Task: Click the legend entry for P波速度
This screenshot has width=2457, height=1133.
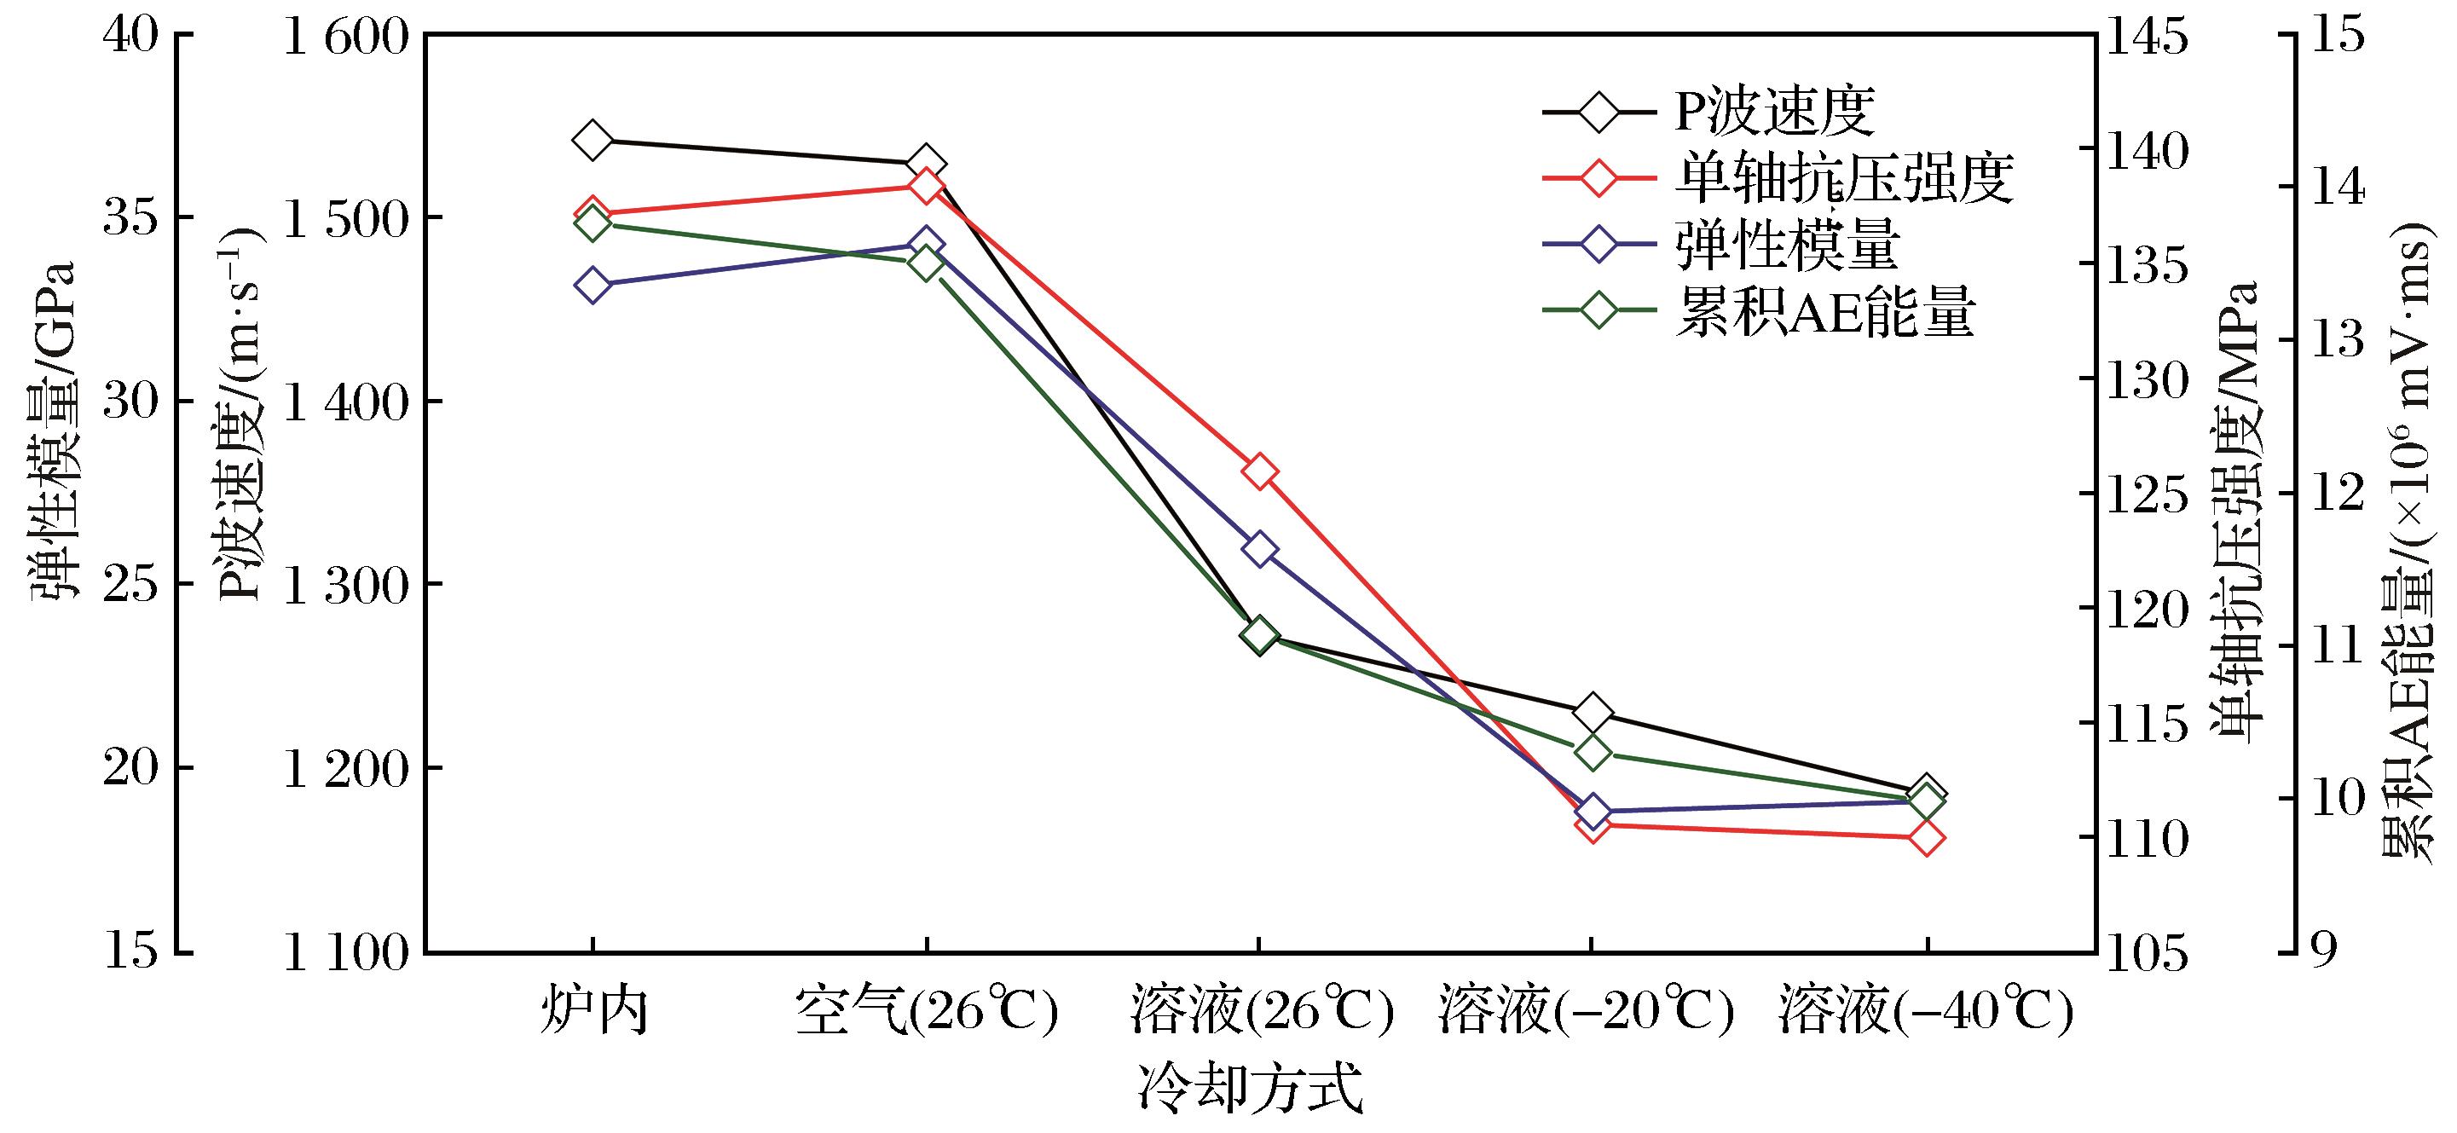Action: [1708, 112]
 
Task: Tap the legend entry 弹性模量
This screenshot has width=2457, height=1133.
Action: [1720, 244]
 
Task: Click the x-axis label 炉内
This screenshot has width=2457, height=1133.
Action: [594, 1009]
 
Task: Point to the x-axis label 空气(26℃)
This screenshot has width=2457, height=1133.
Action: [926, 1009]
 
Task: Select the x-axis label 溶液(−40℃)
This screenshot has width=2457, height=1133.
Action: [1926, 1009]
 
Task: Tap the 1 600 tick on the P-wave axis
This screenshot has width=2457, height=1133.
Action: [346, 35]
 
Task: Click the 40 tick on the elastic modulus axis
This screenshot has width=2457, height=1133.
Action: [130, 35]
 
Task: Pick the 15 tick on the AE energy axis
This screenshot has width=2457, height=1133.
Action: [2336, 35]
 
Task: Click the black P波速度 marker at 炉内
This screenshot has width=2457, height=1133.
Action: [593, 140]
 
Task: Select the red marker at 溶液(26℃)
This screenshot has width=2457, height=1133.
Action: [1259, 471]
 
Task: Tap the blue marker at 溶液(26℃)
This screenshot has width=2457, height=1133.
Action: [1259, 549]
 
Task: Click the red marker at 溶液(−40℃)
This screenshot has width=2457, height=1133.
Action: [1926, 838]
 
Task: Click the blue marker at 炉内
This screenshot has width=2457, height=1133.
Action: [593, 284]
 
